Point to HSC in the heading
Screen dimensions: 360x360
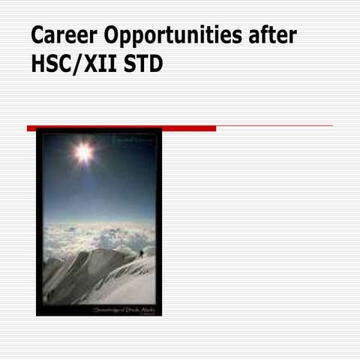tap(51, 65)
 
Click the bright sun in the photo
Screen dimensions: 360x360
tap(83, 152)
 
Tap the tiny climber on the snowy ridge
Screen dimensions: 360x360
tap(141, 253)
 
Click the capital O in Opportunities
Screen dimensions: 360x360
tap(112, 35)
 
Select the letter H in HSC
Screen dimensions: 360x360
tap(38, 65)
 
